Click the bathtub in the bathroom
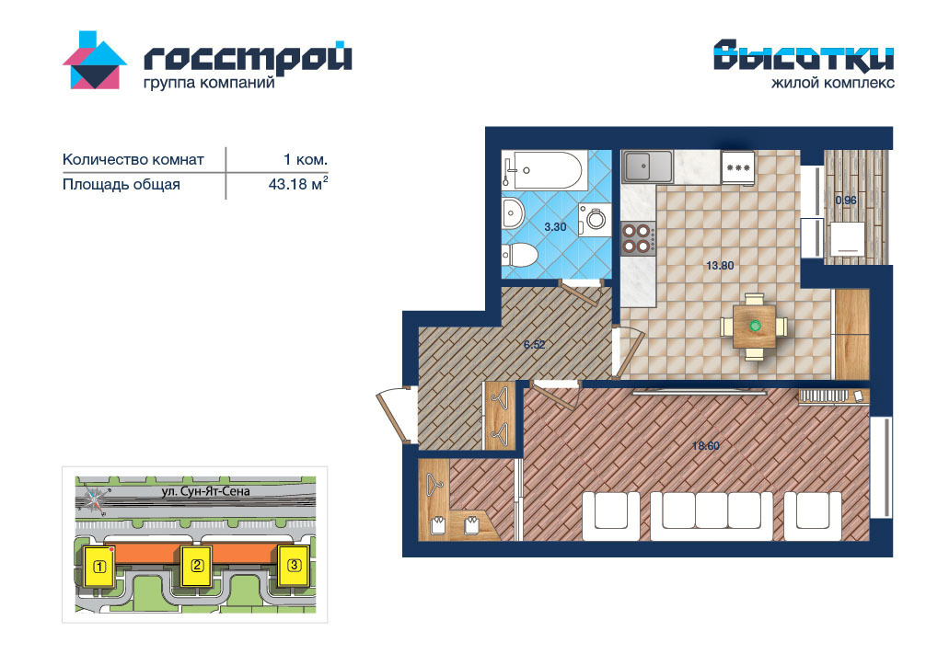pos(545,170)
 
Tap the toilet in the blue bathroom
pos(520,256)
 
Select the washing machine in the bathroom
pos(595,220)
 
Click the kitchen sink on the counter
pos(647,166)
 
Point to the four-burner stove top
pos(639,238)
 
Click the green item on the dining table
pos(754,326)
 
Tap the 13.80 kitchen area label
pos(720,266)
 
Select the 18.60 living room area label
pos(706,445)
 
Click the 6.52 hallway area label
pos(535,345)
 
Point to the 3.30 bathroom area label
pos(555,226)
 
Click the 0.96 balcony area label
pos(846,201)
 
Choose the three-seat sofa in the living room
pos(712,516)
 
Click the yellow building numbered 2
pos(197,566)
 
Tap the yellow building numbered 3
pos(294,566)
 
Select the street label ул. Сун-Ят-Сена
pos(205,491)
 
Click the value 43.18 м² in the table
pos(297,184)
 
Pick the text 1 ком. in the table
pos(306,159)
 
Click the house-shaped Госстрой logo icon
pos(95,61)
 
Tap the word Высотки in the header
pos(804,56)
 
